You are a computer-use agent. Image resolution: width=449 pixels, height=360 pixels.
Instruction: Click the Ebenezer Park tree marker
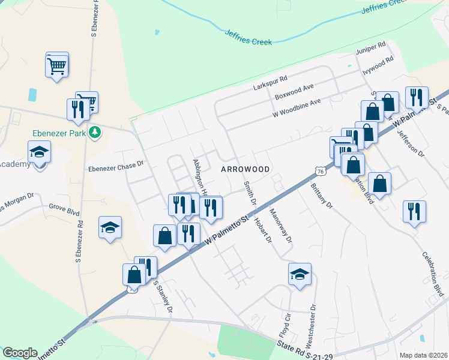coord(94,131)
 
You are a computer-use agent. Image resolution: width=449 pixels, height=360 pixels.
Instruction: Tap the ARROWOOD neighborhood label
coord(245,170)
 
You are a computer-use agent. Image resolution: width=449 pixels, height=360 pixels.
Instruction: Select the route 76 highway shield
coord(321,172)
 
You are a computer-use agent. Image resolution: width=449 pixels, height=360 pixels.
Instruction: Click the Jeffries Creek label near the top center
coord(248,37)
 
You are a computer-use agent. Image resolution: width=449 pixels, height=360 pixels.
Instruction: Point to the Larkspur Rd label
coord(270,79)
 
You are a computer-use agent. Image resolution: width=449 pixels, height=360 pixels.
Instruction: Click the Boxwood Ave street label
coord(294,91)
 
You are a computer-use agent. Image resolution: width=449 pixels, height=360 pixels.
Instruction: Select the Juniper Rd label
coord(370,48)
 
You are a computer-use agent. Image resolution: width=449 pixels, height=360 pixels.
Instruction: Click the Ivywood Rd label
coord(378,65)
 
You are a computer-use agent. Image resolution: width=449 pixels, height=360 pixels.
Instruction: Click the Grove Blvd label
coord(64,211)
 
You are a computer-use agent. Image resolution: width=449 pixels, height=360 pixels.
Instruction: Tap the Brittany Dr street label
coord(321,196)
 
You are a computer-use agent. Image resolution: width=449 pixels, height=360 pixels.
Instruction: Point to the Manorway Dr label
coord(280,226)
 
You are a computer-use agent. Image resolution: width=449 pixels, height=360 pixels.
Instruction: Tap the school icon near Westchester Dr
coord(300,275)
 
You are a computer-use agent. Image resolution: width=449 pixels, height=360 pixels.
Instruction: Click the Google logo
coord(20,353)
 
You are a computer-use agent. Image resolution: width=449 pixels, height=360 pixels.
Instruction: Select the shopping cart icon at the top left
coord(56,64)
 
